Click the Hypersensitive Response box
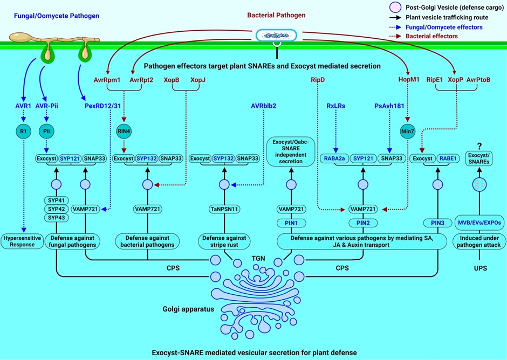coord(22,240)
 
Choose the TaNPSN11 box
coord(223,209)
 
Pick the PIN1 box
coord(291,223)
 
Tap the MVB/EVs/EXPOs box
coord(477,222)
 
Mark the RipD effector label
coord(318,79)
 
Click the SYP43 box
coord(57,217)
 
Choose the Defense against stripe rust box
coord(223,240)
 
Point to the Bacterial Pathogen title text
coord(277,16)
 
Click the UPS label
coord(477,267)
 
